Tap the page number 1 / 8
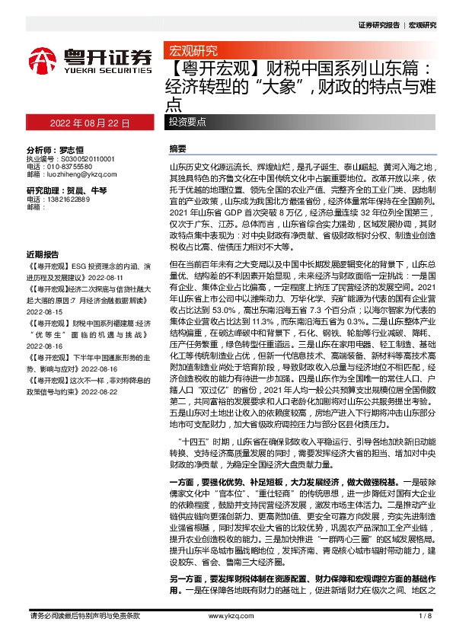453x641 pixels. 425,614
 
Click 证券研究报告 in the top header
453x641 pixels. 379,25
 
